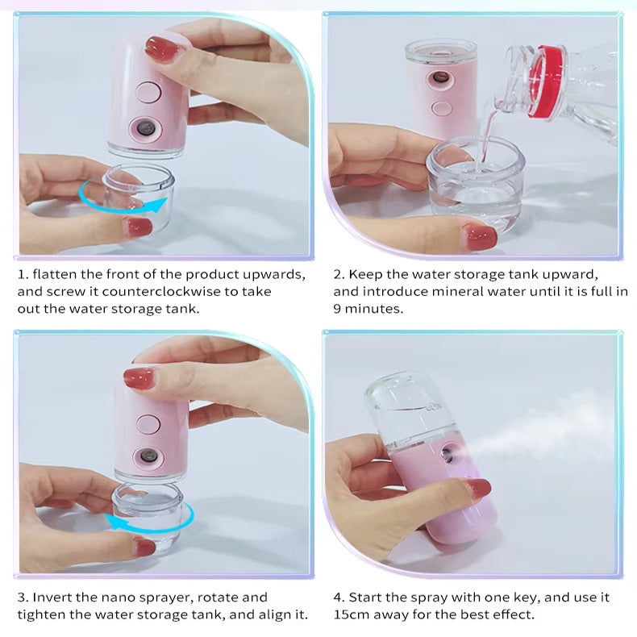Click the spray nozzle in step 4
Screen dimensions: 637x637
coord(448,454)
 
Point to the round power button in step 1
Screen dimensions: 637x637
coord(148,93)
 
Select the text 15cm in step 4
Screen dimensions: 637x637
coord(352,614)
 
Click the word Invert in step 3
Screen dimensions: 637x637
coord(52,597)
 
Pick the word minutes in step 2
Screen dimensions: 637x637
coord(373,309)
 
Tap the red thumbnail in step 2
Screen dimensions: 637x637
coord(480,237)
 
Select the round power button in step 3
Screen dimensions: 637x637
coord(148,424)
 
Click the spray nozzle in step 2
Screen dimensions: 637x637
coord(439,77)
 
